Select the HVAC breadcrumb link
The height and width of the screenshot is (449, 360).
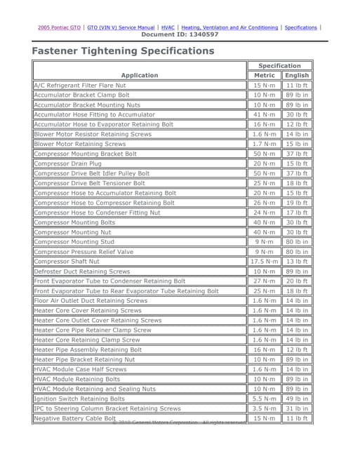pyautogui.click(x=168, y=27)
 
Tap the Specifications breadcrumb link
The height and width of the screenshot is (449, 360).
pyautogui.click(x=301, y=27)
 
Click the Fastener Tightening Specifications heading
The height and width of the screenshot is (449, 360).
pyautogui.click(x=123, y=51)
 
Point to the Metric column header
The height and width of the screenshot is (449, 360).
pyautogui.click(x=265, y=75)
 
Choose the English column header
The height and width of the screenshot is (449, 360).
pyautogui.click(x=297, y=75)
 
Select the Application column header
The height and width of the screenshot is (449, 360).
pyautogui.click(x=140, y=75)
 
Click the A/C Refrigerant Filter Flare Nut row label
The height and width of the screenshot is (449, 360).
pyautogui.click(x=80, y=85)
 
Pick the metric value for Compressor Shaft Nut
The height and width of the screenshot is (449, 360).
pyautogui.click(x=265, y=262)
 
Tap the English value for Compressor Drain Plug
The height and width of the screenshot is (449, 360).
pyautogui.click(x=297, y=163)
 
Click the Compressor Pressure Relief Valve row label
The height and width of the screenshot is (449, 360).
pyautogui.click(x=84, y=252)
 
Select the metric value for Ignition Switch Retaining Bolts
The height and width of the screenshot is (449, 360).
pyautogui.click(x=265, y=398)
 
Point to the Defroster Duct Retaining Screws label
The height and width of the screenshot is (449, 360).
pyautogui.click(x=82, y=272)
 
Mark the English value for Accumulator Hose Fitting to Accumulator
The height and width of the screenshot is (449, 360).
pyautogui.click(x=297, y=114)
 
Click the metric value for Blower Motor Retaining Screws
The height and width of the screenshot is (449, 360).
pyautogui.click(x=265, y=144)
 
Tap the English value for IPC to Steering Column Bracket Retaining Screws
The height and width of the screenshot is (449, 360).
pyautogui.click(x=297, y=408)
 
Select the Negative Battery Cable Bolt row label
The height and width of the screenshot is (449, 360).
pyautogui.click(x=75, y=418)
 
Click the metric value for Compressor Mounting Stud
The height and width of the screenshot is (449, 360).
pyautogui.click(x=265, y=242)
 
